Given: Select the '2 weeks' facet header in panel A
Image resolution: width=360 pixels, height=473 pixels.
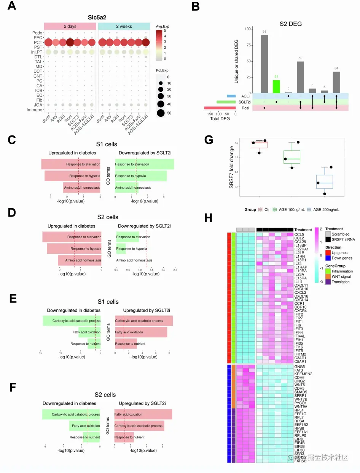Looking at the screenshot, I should coord(124,26).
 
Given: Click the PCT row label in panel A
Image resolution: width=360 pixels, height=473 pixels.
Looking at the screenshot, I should coord(37,42).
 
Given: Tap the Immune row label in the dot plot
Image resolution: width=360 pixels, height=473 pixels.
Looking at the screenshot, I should coord(34,110).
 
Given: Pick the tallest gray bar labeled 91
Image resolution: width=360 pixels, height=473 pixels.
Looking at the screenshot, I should coord(264,64).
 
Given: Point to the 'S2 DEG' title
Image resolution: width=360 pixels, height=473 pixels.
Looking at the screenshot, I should coord(291,24).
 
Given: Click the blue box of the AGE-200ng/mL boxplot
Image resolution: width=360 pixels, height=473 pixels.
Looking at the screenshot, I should coord(324,182).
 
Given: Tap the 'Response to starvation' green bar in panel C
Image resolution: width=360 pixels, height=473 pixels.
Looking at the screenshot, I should coord(144,164).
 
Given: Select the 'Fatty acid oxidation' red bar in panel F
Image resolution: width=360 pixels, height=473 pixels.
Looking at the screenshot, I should coord(143,414).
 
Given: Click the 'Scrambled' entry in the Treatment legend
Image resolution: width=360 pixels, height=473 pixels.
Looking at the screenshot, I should coord(340,234).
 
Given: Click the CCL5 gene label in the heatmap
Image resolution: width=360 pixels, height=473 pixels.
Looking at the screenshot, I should coord(299,235).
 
